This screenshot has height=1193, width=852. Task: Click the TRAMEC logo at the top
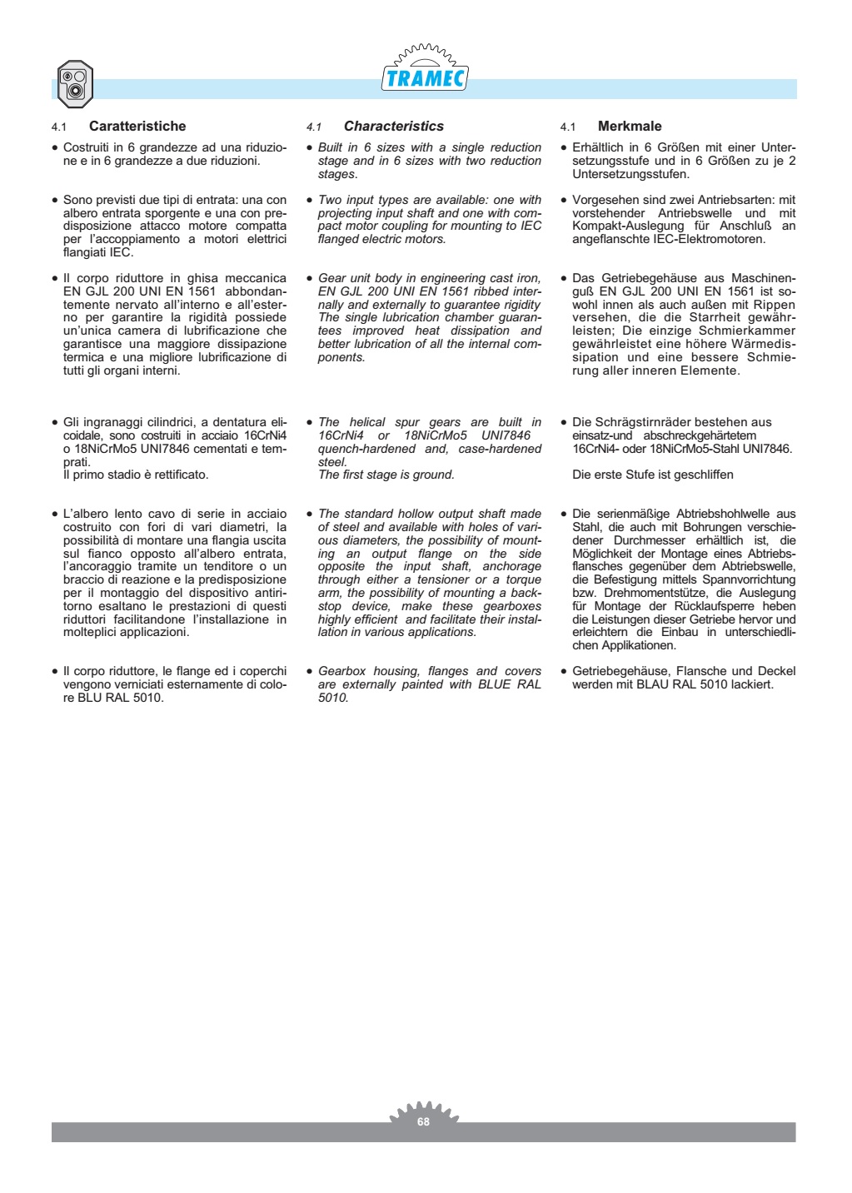[x=425, y=77]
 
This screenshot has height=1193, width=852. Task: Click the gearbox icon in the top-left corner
[x=74, y=84]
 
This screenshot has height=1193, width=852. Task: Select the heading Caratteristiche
[x=137, y=127]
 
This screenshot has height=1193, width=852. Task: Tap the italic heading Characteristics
[x=393, y=127]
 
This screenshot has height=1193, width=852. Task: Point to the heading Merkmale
[x=630, y=127]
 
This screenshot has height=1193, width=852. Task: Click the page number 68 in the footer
[x=423, y=1121]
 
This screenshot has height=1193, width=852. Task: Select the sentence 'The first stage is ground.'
[x=386, y=475]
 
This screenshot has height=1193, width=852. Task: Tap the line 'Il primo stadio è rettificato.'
[x=136, y=475]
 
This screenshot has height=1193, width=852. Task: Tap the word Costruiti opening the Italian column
[x=87, y=147]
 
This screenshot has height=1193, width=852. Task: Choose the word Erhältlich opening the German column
[x=597, y=147]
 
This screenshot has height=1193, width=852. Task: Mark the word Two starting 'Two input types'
[x=330, y=200]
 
